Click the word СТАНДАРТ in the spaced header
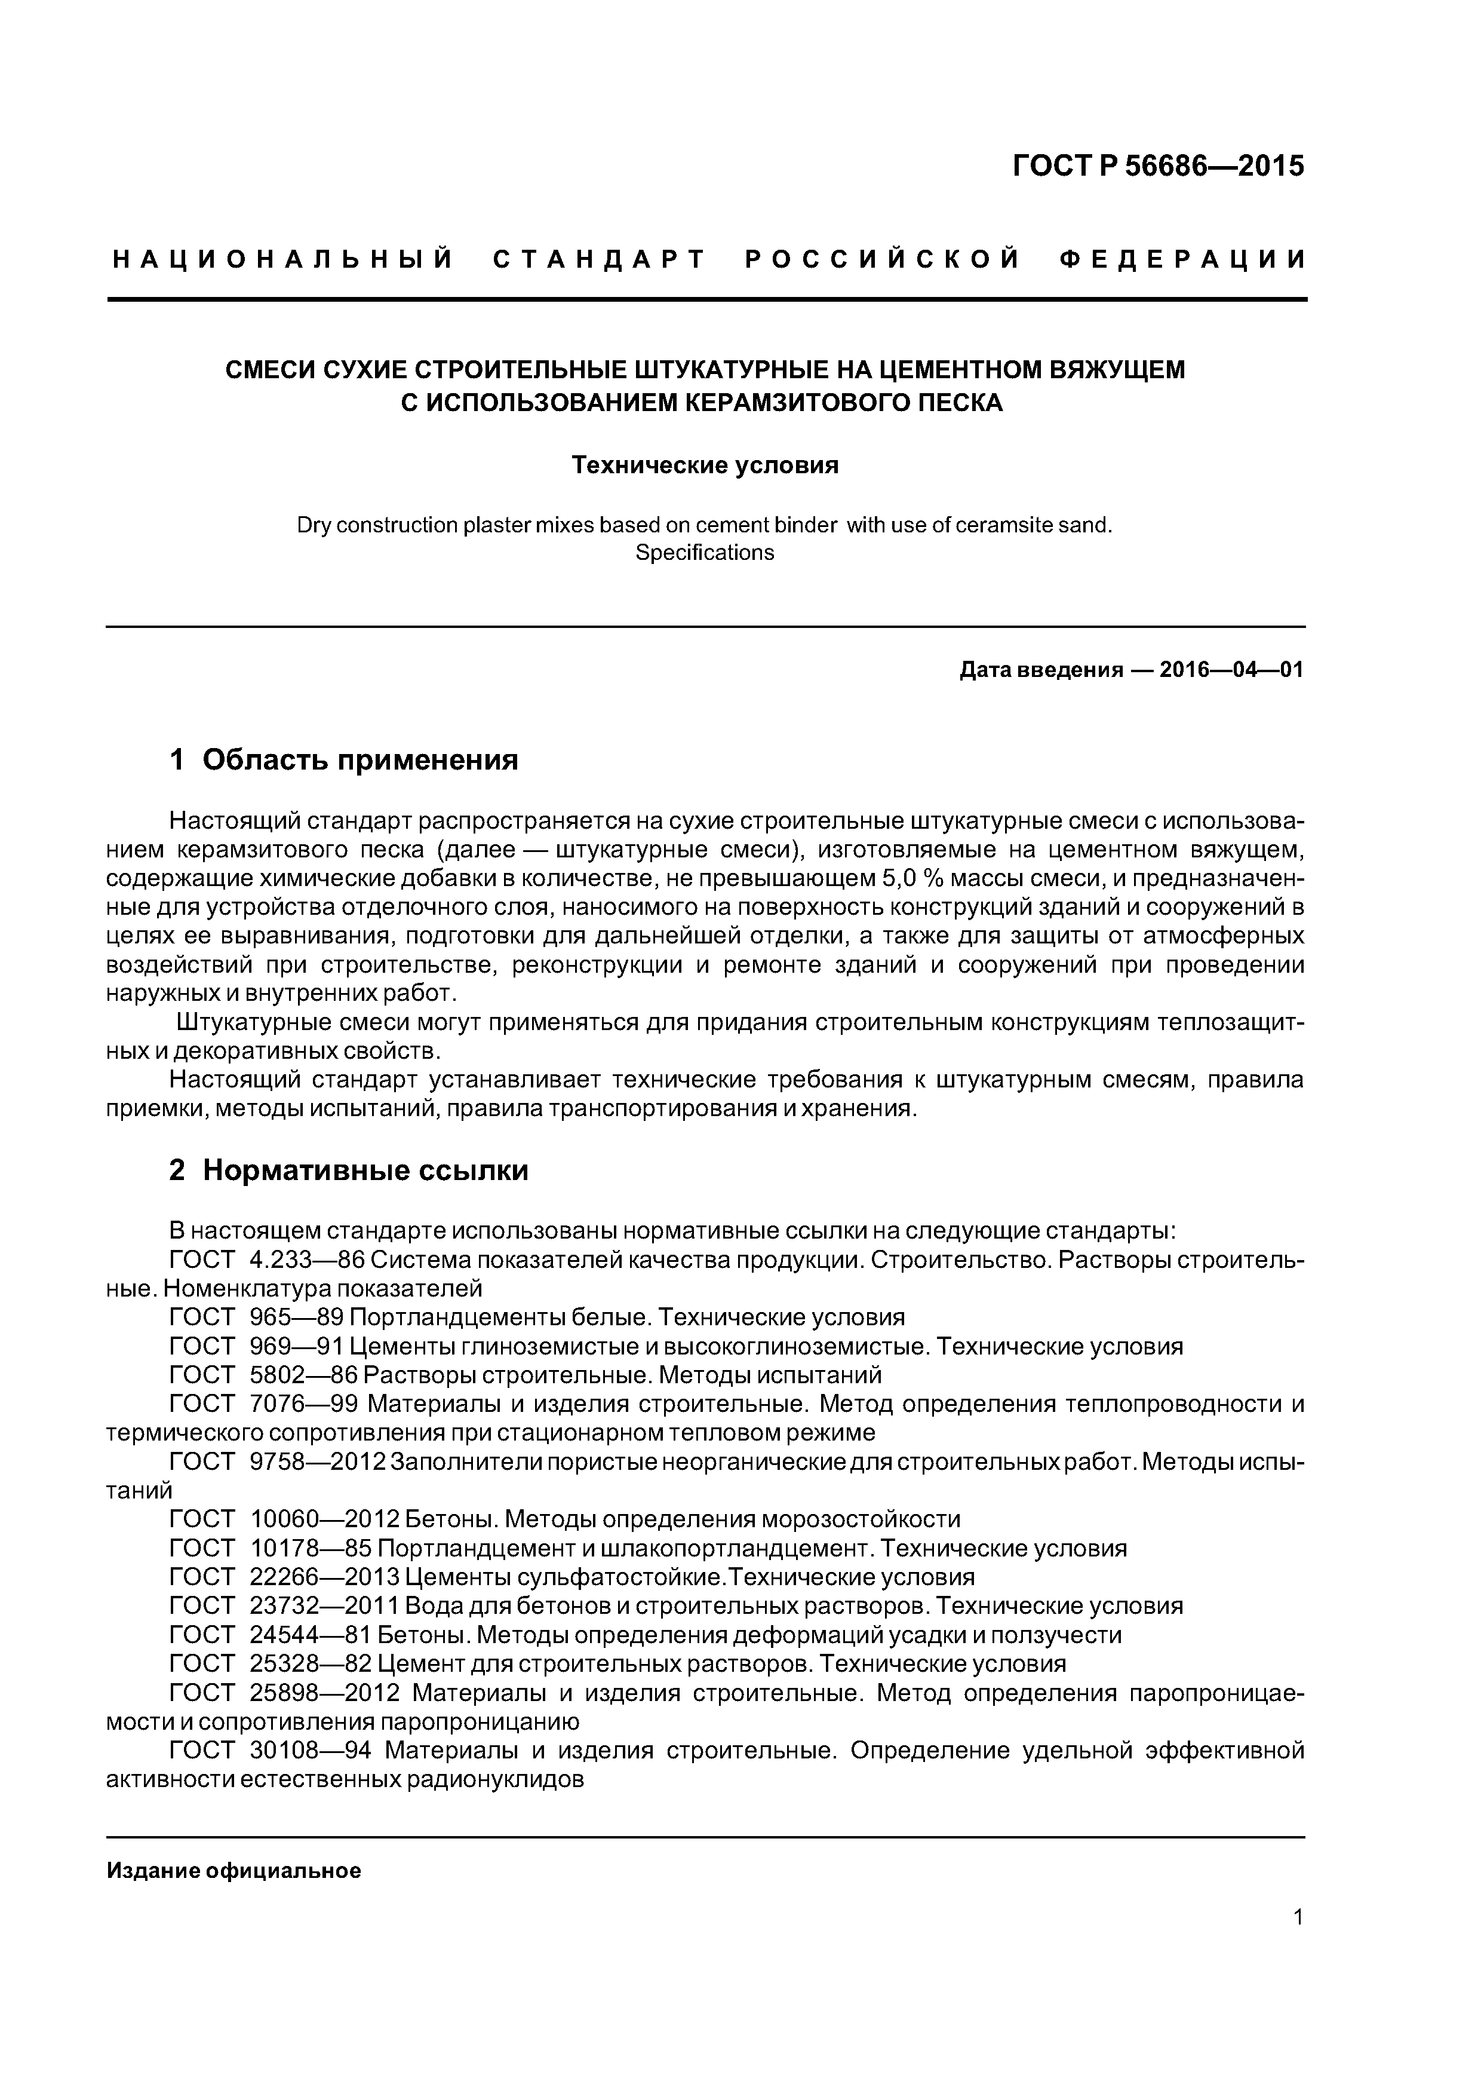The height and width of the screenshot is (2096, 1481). pos(600,260)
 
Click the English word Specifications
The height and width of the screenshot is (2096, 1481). pos(705,553)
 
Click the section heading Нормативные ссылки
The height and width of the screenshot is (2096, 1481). pos(365,1170)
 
